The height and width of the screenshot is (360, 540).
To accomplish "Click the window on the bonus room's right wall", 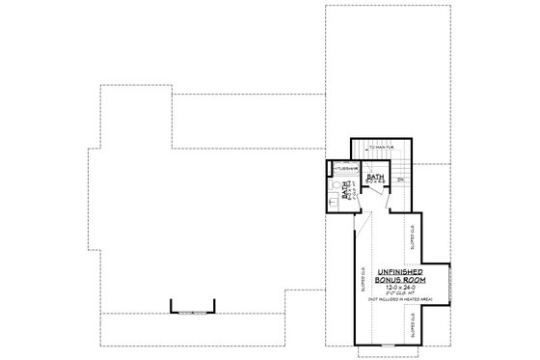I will pyautogui.click(x=449, y=286).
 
